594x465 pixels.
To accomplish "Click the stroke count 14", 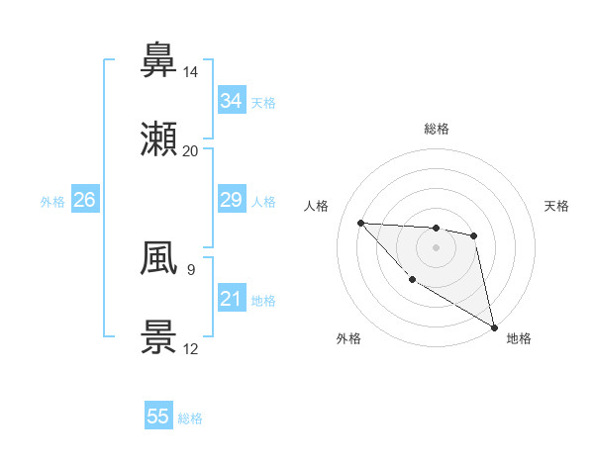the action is tap(191, 72).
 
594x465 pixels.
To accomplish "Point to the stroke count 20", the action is tap(191, 151).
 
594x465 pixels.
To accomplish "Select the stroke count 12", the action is tap(191, 349).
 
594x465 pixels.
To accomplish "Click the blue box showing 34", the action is tap(231, 101).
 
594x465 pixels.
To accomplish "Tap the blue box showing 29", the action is tap(231, 200).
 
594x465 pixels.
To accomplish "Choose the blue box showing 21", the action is tap(231, 299).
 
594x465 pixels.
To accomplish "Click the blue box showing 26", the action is tap(84, 200).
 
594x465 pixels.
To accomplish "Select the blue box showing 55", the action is tap(158, 417).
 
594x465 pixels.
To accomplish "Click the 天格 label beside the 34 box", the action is tap(263, 102).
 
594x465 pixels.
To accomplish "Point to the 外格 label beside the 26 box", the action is tap(52, 201).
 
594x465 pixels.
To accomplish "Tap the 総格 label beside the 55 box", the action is tap(191, 418).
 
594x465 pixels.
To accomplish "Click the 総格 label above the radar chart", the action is tap(437, 129).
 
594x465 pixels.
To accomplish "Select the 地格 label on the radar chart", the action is tap(519, 338).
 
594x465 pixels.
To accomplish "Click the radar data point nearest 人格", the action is tap(361, 223).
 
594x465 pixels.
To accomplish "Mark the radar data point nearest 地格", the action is tap(496, 327).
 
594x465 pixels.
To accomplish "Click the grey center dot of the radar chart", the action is tap(436, 247).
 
